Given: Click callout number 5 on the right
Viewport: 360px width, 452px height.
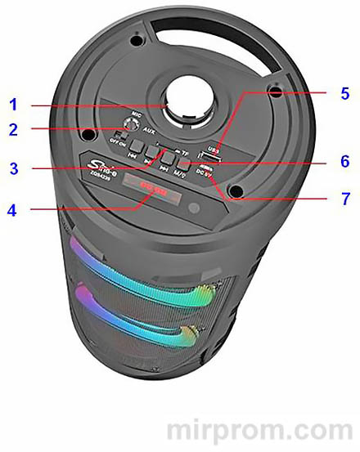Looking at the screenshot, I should pos(344,93).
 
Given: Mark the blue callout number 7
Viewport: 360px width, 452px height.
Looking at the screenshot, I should pos(344,199).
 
